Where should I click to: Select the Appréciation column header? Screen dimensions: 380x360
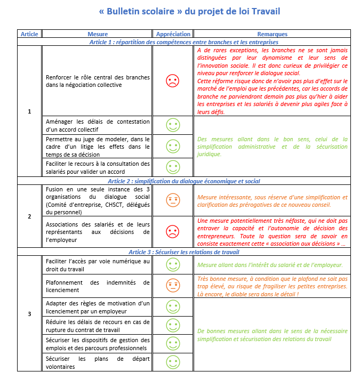tap(173, 34)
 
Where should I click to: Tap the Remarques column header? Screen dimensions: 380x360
tap(272, 34)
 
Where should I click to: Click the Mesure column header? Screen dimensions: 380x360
tap(98, 34)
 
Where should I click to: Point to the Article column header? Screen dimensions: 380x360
tap(29, 34)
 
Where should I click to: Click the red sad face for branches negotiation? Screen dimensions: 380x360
tap(173, 81)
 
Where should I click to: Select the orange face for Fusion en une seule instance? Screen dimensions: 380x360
tap(173, 200)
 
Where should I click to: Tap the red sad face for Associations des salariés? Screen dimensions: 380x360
tap(173, 232)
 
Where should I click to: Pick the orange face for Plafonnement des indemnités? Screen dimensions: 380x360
tap(173, 286)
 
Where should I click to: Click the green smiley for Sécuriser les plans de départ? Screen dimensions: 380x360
tap(173, 362)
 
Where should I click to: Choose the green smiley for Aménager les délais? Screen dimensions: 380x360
tap(173, 125)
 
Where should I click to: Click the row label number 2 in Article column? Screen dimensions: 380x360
tap(29, 216)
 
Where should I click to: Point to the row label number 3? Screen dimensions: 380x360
tap(29, 313)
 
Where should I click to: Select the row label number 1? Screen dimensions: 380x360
tap(29, 111)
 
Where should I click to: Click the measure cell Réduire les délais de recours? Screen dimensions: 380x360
tap(98, 326)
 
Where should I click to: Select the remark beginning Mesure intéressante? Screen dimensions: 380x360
tap(272, 200)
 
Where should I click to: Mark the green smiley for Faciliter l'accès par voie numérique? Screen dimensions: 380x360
tap(173, 264)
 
